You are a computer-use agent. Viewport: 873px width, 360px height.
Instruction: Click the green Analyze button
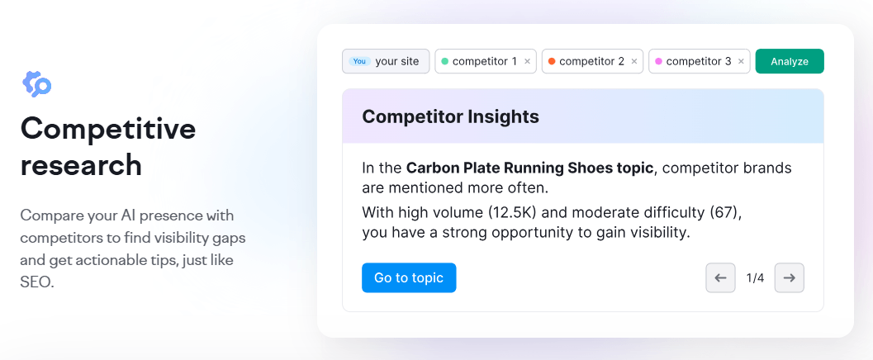(790, 61)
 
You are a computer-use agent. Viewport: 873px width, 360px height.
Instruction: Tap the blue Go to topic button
(409, 277)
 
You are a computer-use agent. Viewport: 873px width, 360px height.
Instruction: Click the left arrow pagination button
(720, 277)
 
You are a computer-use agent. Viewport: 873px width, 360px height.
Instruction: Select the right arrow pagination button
(789, 277)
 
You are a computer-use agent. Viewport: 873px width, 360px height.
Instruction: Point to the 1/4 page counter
(755, 278)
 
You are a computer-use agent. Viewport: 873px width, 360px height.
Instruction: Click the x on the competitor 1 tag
(527, 61)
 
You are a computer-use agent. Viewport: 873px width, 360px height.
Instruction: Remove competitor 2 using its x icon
(634, 61)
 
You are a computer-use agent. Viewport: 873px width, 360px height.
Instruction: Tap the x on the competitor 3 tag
(741, 61)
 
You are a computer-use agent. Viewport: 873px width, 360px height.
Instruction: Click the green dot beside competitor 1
(445, 61)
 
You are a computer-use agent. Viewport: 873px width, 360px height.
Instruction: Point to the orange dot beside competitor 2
(552, 61)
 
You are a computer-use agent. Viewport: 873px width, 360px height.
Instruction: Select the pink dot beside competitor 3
(658, 61)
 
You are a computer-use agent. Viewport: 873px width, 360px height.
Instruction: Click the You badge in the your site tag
(358, 61)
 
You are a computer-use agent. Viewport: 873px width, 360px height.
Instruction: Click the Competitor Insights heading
(450, 116)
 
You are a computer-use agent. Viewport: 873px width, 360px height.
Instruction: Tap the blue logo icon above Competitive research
(37, 83)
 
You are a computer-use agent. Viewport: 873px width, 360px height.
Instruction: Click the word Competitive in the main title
(108, 129)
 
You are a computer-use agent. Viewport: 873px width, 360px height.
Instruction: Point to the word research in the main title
(81, 165)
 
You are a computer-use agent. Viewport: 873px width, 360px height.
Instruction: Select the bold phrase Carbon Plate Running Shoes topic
(530, 168)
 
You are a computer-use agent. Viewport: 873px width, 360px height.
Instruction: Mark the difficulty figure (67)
(724, 212)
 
